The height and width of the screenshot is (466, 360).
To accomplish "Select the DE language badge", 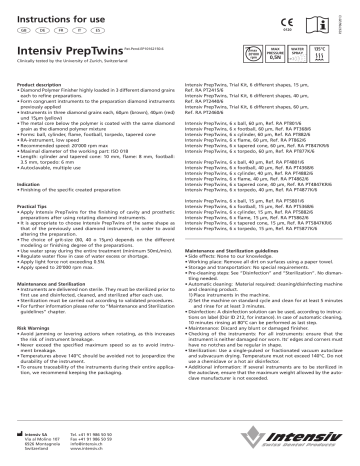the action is pyautogui.click(x=37, y=30).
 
